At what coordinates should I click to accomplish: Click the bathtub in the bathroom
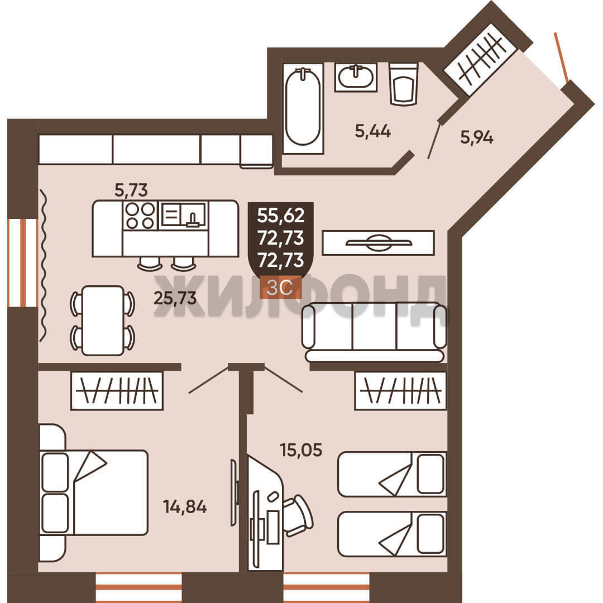point(303,108)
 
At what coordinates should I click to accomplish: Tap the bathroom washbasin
point(356,77)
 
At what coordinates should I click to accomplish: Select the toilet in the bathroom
point(404,84)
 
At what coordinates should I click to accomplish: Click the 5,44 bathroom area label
point(372,132)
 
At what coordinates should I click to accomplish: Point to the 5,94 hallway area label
point(477,137)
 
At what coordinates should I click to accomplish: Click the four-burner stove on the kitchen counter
point(140,216)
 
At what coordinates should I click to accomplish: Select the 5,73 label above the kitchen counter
point(131,190)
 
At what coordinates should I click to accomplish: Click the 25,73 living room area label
point(175,298)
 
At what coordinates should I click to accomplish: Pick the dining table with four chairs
point(103,320)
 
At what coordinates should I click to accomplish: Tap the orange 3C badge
point(280,288)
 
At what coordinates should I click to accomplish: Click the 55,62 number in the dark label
point(281,215)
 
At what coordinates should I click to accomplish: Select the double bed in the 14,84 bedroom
point(94,492)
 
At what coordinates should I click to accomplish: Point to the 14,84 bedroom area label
point(185,507)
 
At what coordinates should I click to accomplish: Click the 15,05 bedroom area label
point(301,450)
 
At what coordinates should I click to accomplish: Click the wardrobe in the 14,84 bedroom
point(117,390)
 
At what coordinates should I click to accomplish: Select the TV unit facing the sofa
point(379,243)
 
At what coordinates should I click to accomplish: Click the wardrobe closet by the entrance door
point(481,60)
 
